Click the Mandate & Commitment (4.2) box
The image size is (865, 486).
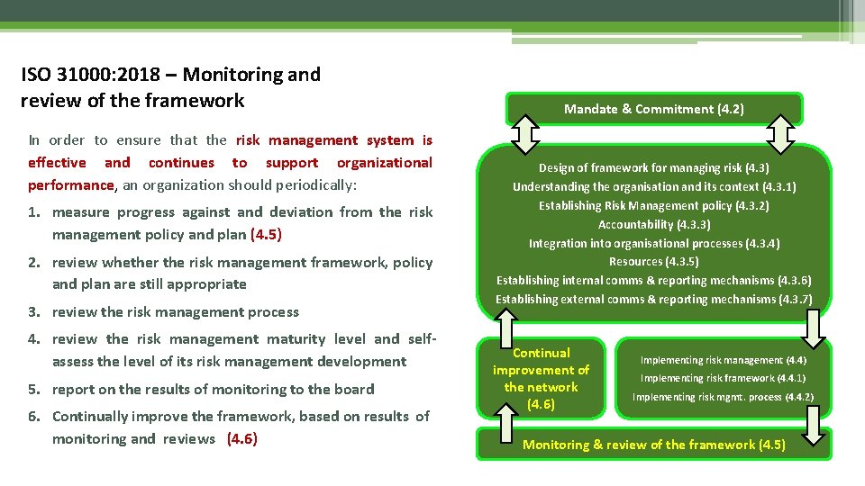click(x=653, y=109)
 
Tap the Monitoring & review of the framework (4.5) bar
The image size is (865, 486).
click(x=653, y=445)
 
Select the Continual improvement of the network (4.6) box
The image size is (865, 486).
click(x=541, y=378)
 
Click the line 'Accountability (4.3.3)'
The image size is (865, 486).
click(x=654, y=224)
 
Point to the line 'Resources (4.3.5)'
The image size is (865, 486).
click(x=654, y=262)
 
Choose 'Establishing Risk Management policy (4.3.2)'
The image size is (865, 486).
click(x=654, y=205)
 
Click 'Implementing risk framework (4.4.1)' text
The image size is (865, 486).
click(x=723, y=378)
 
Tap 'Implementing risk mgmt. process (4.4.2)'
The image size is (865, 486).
click(x=723, y=397)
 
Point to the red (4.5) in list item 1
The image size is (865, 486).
click(x=266, y=235)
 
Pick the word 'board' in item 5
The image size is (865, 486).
click(x=354, y=390)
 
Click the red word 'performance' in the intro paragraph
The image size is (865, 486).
click(x=71, y=185)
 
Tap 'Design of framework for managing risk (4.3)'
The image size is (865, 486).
click(x=654, y=167)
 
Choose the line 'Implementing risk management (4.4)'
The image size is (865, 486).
click(x=723, y=360)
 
